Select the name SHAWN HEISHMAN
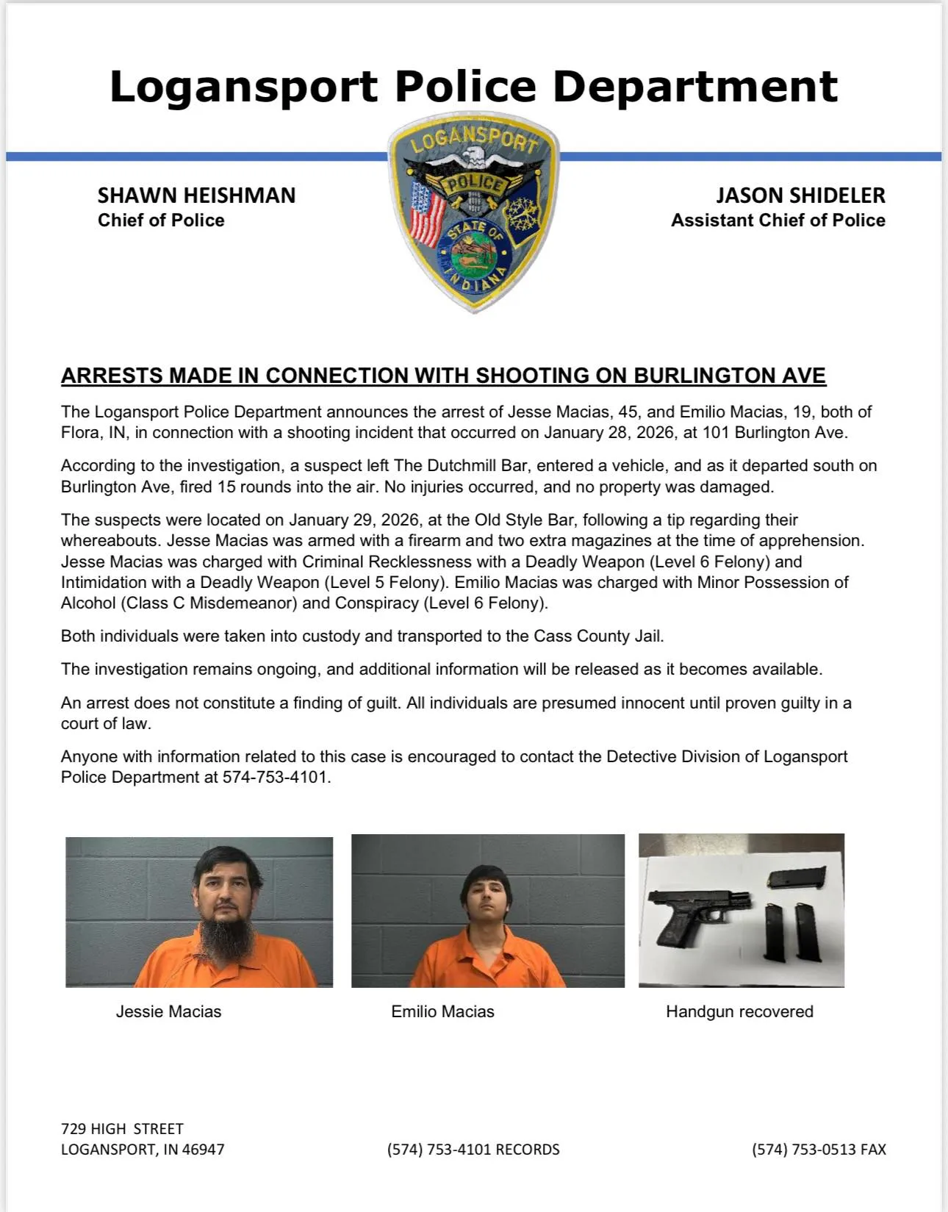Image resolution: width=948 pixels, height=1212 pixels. click(196, 196)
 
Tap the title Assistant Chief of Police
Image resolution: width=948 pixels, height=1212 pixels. click(778, 220)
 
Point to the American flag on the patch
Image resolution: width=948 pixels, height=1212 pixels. click(428, 214)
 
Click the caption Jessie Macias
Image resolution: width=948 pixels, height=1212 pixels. click(168, 1011)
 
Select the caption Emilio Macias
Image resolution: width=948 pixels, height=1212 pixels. click(442, 1011)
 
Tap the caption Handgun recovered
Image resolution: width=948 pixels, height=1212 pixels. click(739, 1011)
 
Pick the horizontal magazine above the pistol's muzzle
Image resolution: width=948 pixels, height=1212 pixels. click(797, 878)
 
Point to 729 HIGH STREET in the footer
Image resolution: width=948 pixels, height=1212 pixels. click(122, 1129)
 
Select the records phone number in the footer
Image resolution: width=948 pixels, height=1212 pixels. click(473, 1150)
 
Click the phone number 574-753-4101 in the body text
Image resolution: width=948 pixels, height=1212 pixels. click(276, 778)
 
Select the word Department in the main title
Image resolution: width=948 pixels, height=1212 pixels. click(694, 87)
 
